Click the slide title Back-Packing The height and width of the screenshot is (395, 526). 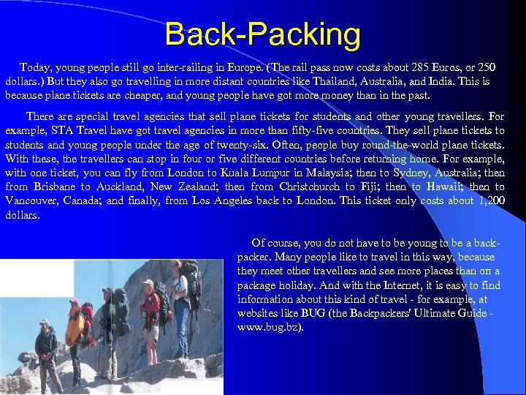262,34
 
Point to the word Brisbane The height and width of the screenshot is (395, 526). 55,187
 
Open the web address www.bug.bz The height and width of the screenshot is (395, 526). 269,327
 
